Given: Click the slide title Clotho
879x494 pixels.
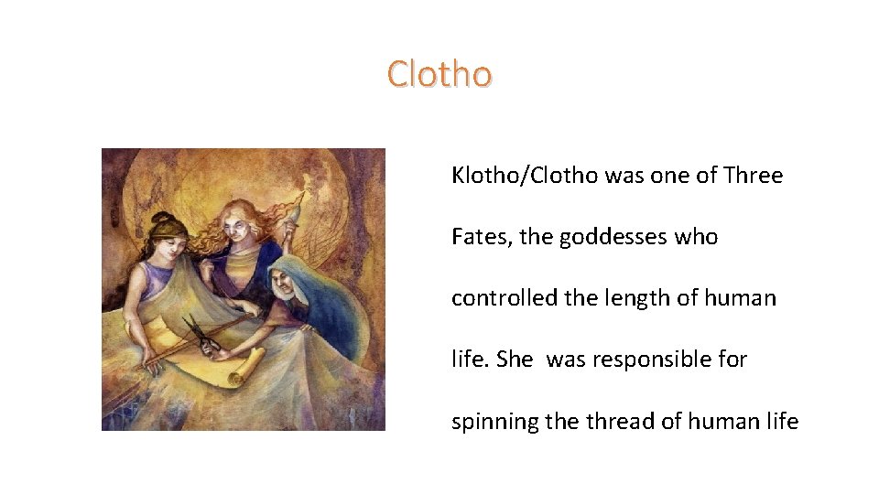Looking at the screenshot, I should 439,73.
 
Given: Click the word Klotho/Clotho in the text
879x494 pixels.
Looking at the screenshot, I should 525,175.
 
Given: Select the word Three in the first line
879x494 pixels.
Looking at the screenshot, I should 753,175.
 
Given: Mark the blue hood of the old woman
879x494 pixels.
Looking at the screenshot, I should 325,293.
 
